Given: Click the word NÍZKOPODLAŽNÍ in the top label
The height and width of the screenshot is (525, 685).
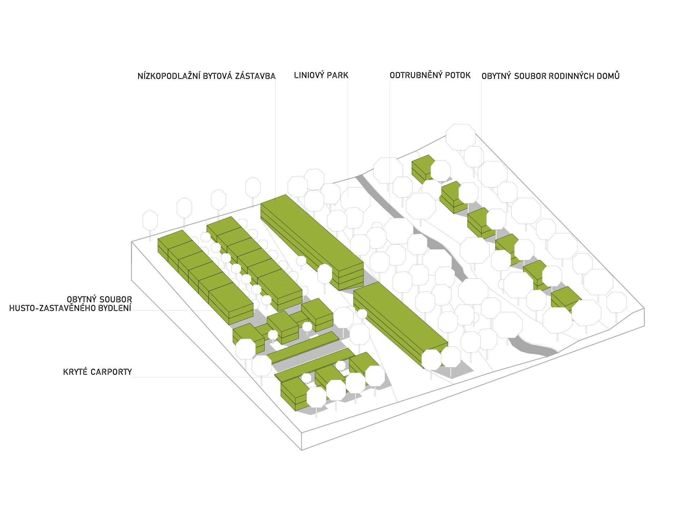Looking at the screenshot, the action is (x=169, y=76).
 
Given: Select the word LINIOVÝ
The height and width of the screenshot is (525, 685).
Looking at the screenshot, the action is (x=309, y=75).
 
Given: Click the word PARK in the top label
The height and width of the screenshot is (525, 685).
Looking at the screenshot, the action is (x=337, y=75).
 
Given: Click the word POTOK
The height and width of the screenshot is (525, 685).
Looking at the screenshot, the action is (x=458, y=75).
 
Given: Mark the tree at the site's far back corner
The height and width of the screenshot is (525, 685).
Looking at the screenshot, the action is (x=460, y=137).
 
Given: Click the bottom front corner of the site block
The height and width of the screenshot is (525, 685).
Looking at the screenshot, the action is (x=301, y=450).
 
